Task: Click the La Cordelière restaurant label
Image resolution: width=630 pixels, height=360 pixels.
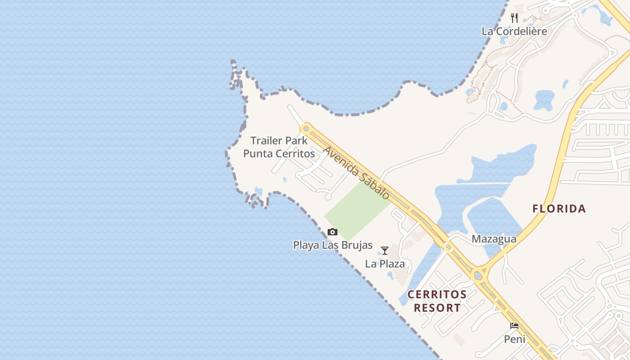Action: [514, 31]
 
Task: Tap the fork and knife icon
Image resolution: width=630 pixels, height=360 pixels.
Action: [514, 18]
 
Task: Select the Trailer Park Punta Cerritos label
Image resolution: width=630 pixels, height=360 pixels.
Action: [279, 147]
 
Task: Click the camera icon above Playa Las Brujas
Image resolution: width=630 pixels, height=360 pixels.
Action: [333, 232]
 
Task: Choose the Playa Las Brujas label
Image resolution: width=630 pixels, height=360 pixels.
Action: [333, 245]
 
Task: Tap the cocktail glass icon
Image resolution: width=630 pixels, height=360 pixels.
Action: [385, 251]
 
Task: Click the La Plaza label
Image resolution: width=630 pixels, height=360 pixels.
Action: [385, 264]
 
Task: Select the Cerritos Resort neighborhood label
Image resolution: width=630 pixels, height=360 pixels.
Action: [437, 301]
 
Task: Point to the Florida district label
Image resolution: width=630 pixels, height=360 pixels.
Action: [559, 209]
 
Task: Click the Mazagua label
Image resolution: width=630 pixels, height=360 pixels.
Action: [494, 239]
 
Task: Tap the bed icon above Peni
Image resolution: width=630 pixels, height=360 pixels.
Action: [514, 326]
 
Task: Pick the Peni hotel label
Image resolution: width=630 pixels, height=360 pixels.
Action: [514, 339]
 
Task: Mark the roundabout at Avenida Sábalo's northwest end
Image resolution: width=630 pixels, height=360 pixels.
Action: [306, 129]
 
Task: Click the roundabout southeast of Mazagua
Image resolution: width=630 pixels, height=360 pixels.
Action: [478, 273]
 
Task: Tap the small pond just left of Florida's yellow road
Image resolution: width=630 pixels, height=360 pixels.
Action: [544, 100]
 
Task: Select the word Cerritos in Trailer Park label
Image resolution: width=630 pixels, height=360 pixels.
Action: [295, 153]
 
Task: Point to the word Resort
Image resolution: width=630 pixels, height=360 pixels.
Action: [437, 308]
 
